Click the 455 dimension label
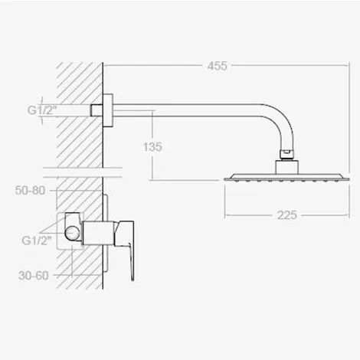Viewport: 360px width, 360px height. point(217,66)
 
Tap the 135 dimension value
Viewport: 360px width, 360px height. point(152,147)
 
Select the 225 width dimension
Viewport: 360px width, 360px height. point(287,215)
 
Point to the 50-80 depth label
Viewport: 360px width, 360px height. point(30,191)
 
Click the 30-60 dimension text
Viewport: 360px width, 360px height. point(34,276)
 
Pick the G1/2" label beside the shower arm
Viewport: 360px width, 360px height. point(42,110)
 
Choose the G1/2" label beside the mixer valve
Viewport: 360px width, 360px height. point(37,241)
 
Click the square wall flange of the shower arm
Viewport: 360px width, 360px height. point(108,110)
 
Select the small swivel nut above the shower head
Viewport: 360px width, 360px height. point(287,154)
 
